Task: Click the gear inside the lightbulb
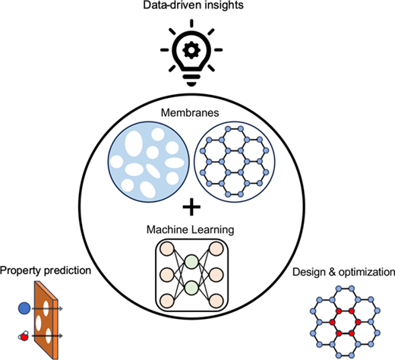pos(191,50)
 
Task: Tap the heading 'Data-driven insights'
pos(193,5)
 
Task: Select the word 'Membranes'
pos(190,112)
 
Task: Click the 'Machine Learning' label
pos(190,230)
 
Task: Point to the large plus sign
pos(191,207)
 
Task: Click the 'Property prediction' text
pos(46,270)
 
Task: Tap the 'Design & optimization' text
pos(343,272)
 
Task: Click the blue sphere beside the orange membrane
pos(24,308)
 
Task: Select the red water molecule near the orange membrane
pos(24,336)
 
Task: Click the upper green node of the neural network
pos(191,262)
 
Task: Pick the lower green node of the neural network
pos(191,288)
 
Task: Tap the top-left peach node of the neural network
pos(167,248)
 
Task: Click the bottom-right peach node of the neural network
pos(216,301)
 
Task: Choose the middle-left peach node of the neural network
pos(167,275)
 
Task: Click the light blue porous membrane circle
pos(149,162)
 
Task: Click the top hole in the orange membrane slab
pos(46,308)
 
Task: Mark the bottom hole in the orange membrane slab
pos(48,336)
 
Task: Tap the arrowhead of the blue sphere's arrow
pos(61,308)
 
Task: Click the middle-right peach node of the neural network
pos(216,275)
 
